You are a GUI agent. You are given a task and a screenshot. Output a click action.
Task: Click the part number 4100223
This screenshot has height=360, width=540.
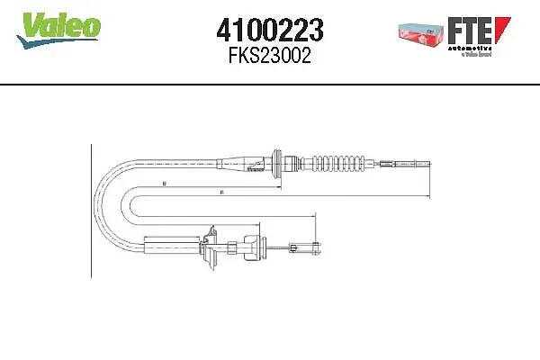point(271,32)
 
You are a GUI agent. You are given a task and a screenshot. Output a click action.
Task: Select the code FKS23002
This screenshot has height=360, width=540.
point(271,57)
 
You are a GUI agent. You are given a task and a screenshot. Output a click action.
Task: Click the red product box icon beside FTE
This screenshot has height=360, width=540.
point(420,31)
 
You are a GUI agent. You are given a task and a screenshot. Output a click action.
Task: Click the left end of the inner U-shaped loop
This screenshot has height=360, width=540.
point(133,202)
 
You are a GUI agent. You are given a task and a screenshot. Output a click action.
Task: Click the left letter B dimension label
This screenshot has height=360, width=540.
point(165,183)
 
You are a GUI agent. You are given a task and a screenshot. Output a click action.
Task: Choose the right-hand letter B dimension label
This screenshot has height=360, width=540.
point(220,192)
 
